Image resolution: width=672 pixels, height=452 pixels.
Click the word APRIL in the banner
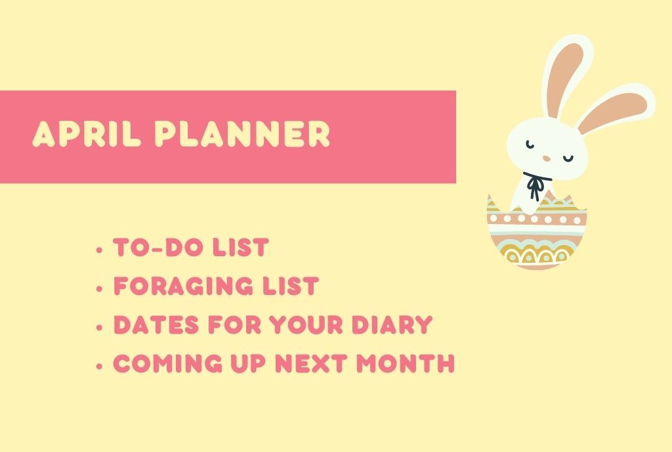click(x=87, y=134)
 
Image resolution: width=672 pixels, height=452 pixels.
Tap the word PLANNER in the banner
click(x=243, y=134)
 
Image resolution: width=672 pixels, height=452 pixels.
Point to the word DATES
click(x=156, y=325)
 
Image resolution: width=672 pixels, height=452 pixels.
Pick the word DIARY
click(x=392, y=325)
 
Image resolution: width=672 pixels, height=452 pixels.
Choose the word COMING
click(x=168, y=363)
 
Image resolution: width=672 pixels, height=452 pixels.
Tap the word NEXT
click(x=310, y=363)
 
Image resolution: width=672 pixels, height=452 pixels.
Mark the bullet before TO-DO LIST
click(x=100, y=250)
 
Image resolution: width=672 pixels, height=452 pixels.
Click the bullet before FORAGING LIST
click(x=100, y=288)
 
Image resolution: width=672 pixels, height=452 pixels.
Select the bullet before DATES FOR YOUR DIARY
click(x=100, y=327)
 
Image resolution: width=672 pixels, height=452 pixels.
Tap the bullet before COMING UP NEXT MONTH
click(x=100, y=366)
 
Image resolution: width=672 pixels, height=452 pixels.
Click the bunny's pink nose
click(x=547, y=158)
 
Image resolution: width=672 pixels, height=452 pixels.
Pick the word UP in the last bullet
click(x=248, y=363)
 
